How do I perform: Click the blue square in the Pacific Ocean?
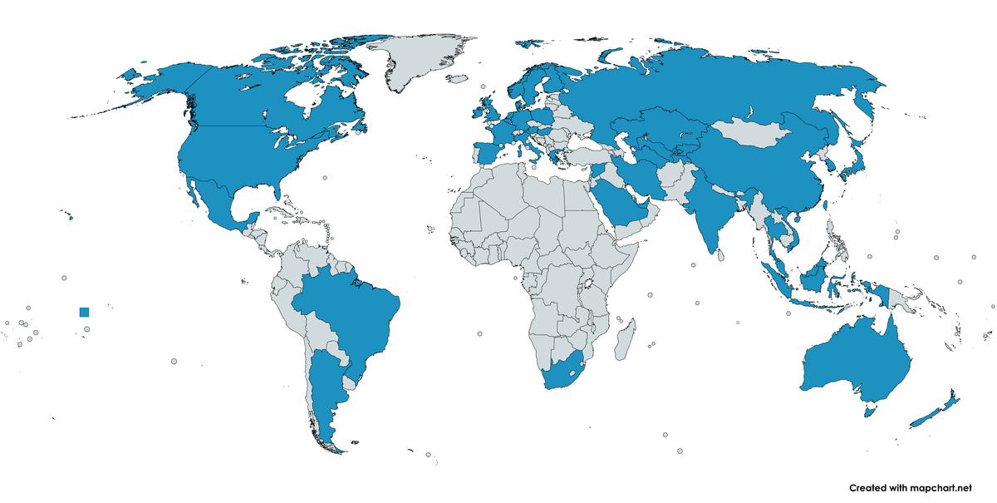point(83,312)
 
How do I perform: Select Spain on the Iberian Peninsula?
point(486,154)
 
